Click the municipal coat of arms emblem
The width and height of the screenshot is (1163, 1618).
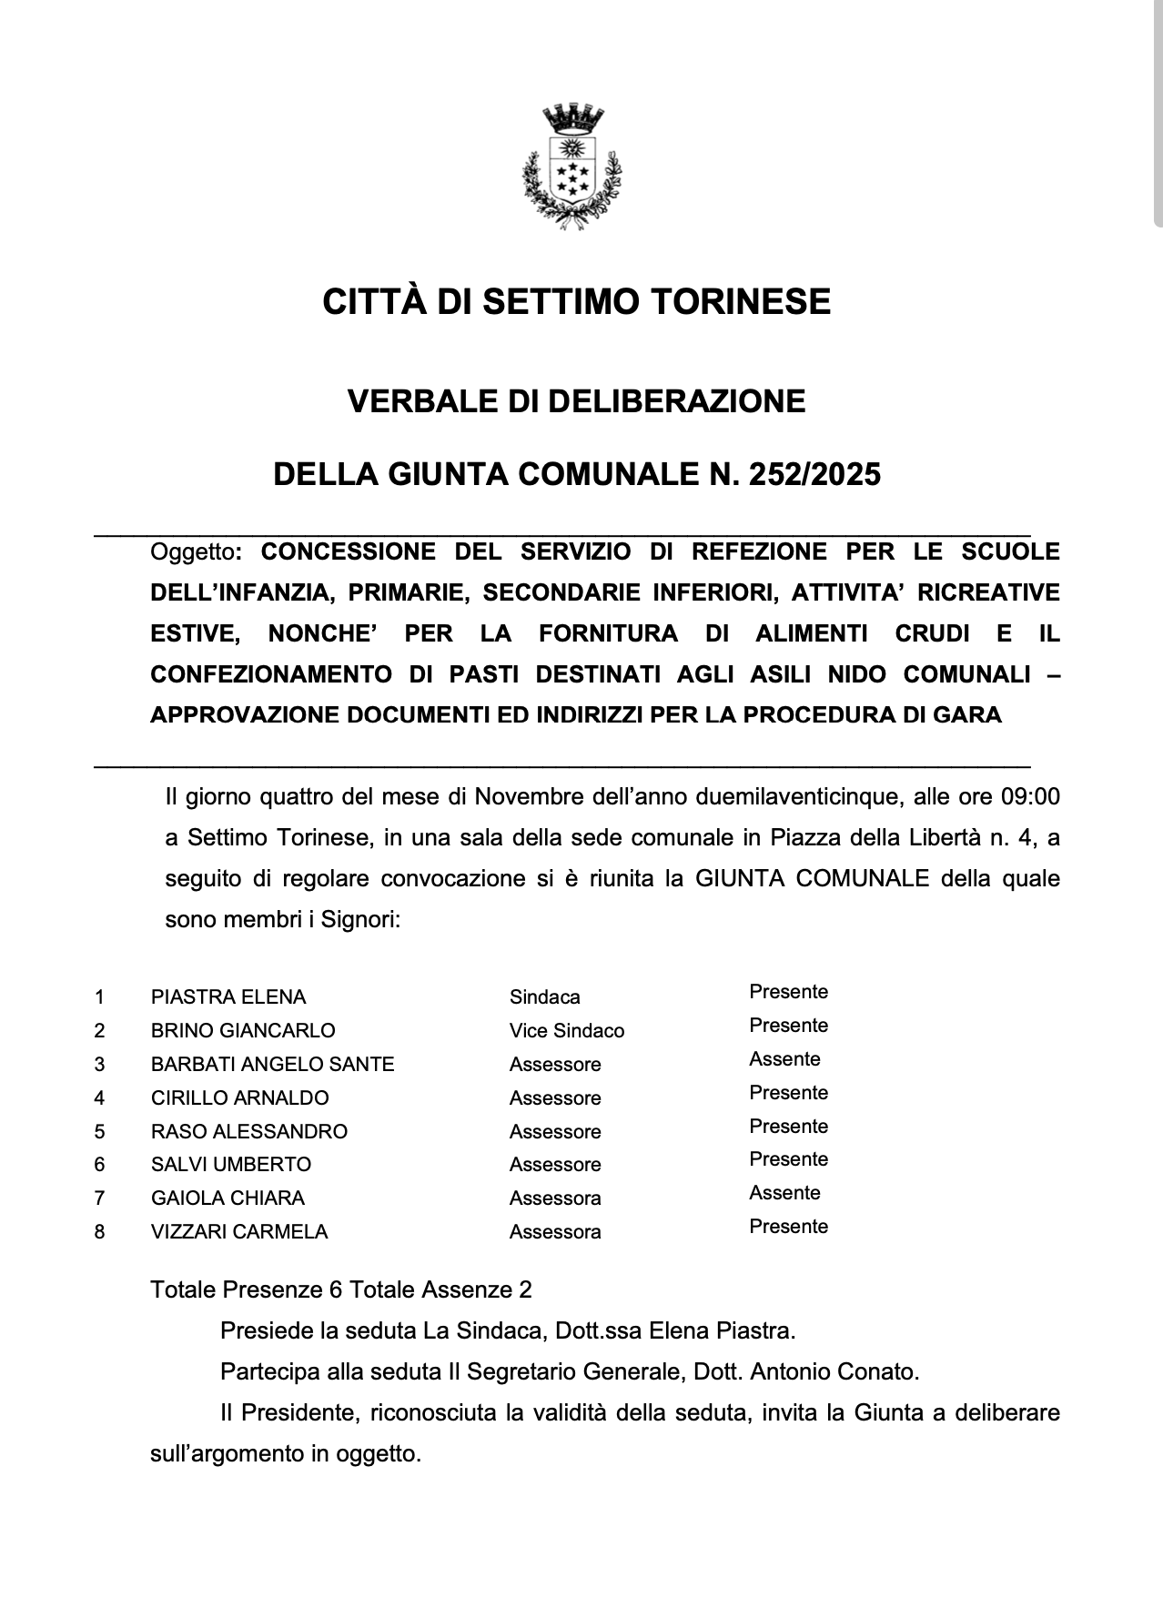coord(571,167)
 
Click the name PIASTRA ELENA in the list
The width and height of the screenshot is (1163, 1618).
coord(228,996)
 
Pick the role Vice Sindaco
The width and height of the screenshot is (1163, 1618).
coord(567,1031)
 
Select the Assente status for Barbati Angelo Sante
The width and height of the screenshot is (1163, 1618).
coord(784,1059)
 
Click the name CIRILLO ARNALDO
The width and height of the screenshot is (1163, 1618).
coord(240,1098)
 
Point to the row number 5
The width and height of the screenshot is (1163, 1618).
coord(99,1132)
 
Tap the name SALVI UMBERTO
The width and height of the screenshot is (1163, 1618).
coord(231,1165)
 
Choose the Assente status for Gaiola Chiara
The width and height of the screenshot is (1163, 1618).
coord(784,1193)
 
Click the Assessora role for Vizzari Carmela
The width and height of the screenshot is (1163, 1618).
coord(555,1232)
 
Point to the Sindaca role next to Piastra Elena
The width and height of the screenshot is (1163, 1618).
coord(544,997)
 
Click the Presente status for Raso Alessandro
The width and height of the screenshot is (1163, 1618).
coord(788,1127)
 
